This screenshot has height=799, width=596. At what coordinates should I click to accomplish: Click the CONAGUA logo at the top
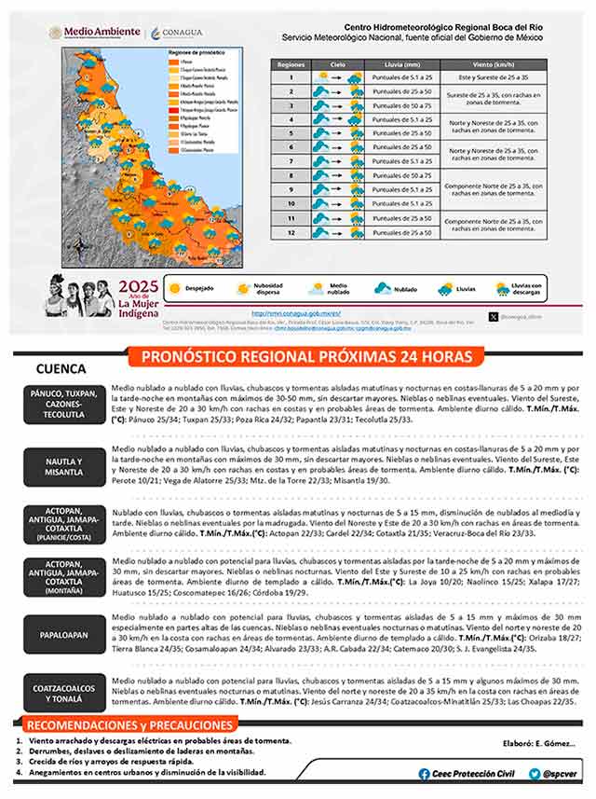coord(173,33)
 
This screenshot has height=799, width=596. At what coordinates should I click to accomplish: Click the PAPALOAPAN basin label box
coord(64,633)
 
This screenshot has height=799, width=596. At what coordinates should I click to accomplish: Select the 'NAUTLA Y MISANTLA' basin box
coord(64,467)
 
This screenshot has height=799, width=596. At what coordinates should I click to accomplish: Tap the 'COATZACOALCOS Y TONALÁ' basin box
coord(64,695)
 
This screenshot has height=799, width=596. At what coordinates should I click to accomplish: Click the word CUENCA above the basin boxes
coord(61,368)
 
